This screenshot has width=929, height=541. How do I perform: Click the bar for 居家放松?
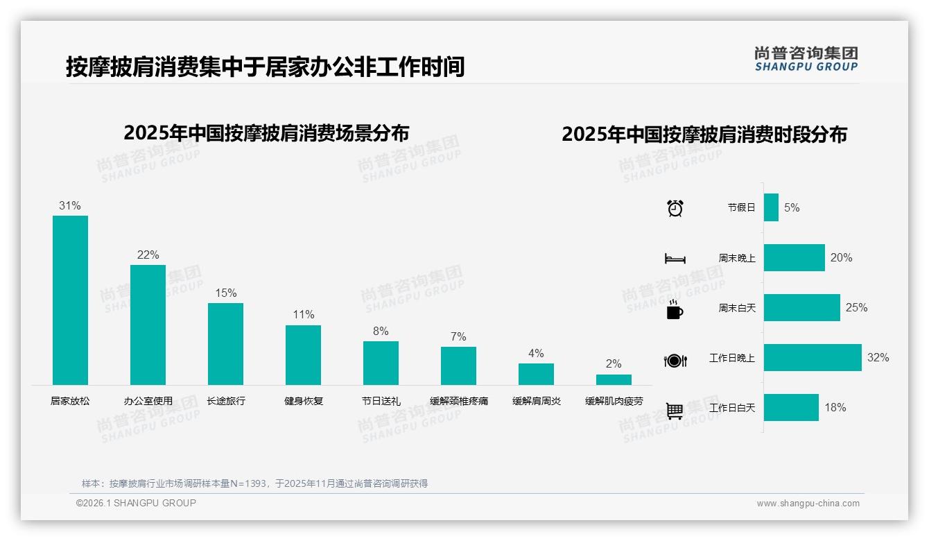[x=70, y=300]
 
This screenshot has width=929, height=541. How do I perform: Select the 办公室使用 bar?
[x=148, y=325]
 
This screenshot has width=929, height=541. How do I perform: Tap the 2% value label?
[x=614, y=363]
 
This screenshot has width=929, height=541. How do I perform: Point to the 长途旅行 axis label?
[x=226, y=401]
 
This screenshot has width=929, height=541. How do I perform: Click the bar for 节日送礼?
[x=381, y=363]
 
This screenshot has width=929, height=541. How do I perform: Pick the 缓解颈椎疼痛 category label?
[x=458, y=401]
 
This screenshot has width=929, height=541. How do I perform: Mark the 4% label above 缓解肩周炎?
[x=536, y=353]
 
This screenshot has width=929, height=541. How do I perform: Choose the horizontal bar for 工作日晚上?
[x=813, y=358]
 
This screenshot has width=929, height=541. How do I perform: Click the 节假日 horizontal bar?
[x=771, y=207]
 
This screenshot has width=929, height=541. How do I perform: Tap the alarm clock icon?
[x=675, y=208]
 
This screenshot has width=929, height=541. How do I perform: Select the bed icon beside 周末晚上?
[x=675, y=259]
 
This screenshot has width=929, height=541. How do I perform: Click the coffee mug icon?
[x=675, y=309]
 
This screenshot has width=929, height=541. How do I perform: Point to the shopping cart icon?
[x=675, y=411]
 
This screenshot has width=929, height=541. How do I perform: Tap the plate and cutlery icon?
[x=675, y=360]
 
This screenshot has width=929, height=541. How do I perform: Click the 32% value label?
[x=878, y=358]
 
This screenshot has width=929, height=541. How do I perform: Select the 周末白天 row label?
[x=737, y=308]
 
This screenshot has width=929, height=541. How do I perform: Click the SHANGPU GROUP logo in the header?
[x=806, y=59]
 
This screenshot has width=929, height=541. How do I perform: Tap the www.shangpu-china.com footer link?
[x=808, y=504]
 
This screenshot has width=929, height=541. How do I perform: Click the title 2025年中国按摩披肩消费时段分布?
[x=704, y=135]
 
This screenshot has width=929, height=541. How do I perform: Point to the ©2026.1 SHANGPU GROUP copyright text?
[x=136, y=503]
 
